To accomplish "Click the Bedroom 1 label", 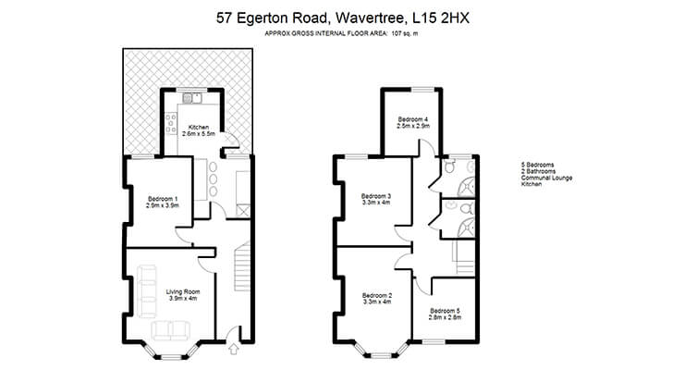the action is [x=163, y=199].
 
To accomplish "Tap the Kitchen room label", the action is [x=199, y=128].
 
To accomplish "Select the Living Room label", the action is [x=183, y=292].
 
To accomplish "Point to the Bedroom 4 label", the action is [x=412, y=119].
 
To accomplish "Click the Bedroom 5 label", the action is [x=445, y=311].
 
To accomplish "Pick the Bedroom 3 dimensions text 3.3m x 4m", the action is [x=376, y=203].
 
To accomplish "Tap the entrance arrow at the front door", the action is [x=234, y=348].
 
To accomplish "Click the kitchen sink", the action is [x=192, y=99].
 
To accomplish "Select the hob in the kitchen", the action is [x=171, y=124].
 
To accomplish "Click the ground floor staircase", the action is [x=242, y=266].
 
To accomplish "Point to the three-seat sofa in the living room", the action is [x=147, y=291].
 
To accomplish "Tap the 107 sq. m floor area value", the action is [x=405, y=33].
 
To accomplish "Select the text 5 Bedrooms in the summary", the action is [x=537, y=165].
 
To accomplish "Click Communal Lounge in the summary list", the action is [x=546, y=178].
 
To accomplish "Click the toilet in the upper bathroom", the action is [x=450, y=166].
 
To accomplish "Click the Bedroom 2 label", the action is [x=376, y=295].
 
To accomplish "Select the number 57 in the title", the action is [x=224, y=18].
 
